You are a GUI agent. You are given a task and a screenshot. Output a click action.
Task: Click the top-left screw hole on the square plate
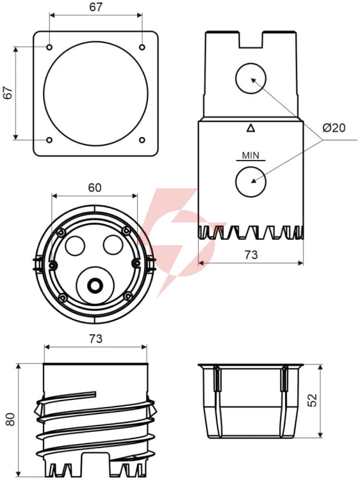pos(49,47)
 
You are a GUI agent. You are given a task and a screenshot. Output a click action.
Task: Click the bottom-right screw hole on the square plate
pos(142,140)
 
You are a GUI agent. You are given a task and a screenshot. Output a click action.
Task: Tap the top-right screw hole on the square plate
pos(142,47)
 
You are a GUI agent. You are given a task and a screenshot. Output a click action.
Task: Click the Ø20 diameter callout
pos(334,127)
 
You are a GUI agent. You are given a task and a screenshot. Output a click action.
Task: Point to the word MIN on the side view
pos(250,156)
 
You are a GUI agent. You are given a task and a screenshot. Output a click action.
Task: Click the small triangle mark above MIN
pos(251,128)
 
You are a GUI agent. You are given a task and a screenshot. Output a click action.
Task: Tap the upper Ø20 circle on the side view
pos(251,78)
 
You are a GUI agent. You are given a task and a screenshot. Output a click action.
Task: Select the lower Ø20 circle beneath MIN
pos(251,182)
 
